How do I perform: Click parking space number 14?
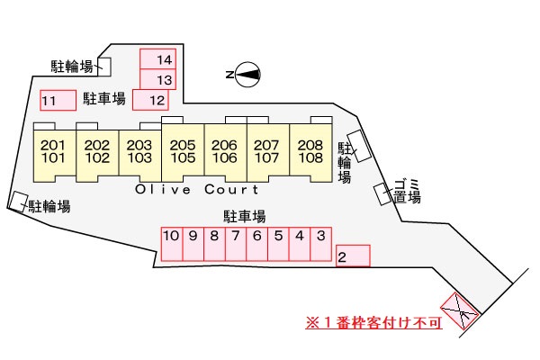click(158, 58)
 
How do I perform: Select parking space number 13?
click(158, 79)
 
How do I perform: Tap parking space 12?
click(150, 100)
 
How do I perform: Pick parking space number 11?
click(58, 100)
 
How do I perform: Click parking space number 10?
click(172, 244)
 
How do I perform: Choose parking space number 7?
click(236, 244)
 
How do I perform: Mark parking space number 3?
click(321, 244)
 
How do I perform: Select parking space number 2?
click(353, 256)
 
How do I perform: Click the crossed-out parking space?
click(460, 311)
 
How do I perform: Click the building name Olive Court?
click(196, 189)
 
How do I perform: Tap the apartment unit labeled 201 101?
click(54, 153)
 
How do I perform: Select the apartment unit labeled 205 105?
click(183, 151)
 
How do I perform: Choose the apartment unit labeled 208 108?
click(311, 151)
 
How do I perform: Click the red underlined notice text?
click(373, 323)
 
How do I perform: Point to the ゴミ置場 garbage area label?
click(408, 191)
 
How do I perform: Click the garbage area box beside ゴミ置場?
click(383, 194)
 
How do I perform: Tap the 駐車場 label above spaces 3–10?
click(245, 217)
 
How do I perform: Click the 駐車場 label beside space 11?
click(104, 99)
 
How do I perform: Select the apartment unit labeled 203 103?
click(139, 153)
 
